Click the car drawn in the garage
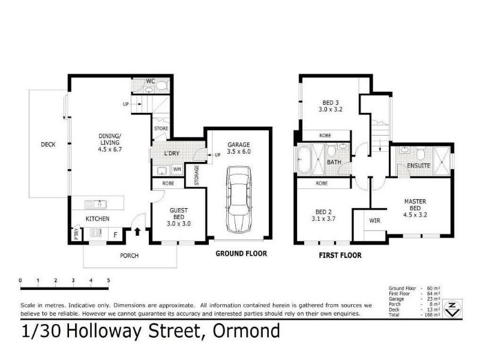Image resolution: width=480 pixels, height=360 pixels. click(239, 200)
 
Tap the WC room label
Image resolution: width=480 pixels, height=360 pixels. click(151, 82)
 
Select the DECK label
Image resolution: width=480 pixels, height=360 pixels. click(49, 144)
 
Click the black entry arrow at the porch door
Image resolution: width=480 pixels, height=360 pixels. click(137, 232)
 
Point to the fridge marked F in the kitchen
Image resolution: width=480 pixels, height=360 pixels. click(115, 235)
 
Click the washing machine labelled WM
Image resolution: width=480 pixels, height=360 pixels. click(177, 169)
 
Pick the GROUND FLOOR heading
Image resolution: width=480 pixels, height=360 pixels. click(241, 253)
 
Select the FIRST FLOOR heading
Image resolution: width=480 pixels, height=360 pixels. click(340, 256)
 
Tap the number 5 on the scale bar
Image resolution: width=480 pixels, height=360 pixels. click(109, 280)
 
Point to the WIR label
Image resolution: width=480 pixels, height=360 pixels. click(374, 220)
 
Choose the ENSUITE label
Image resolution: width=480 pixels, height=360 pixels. click(419, 166)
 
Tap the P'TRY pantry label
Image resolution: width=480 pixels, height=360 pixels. click(76, 234)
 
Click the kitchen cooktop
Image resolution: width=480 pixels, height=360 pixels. click(96, 233)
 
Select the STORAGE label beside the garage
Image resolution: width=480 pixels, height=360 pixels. click(197, 175)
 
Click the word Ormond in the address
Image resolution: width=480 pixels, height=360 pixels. click(247, 331)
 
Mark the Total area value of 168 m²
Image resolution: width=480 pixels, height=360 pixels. click(433, 314)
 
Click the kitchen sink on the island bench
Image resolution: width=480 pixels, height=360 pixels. click(95, 204)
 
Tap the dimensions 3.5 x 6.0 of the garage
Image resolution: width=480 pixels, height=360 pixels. click(239, 152)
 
